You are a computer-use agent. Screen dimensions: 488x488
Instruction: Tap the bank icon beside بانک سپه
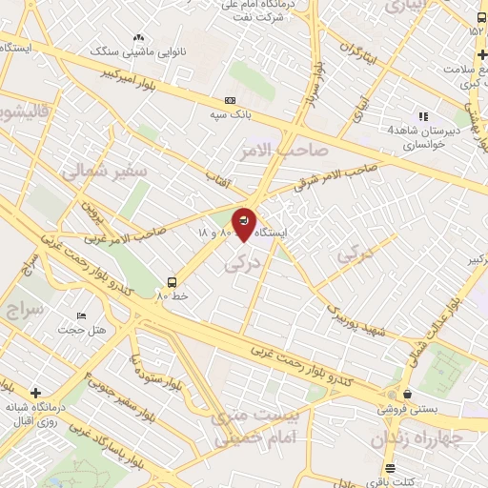click(229, 100)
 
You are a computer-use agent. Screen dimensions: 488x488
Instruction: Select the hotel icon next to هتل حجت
click(81, 315)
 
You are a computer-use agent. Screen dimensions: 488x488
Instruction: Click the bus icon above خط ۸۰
click(172, 281)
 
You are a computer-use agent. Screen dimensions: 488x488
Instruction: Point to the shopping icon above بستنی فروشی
click(408, 393)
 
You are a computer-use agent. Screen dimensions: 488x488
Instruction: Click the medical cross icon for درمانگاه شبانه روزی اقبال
click(35, 393)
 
